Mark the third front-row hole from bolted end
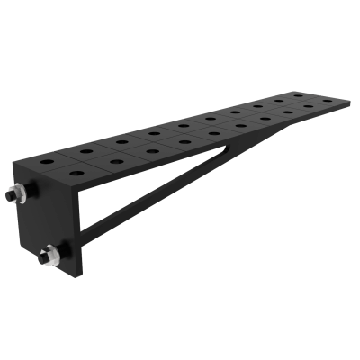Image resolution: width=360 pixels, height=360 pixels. [153, 148]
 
